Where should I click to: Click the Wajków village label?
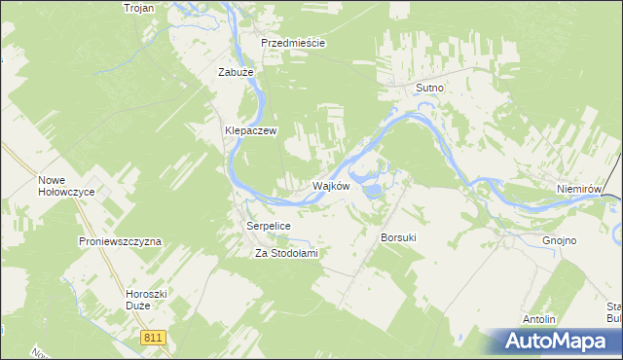[x=330, y=186]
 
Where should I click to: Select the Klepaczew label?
[x=252, y=129]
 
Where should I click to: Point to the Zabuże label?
[x=236, y=71]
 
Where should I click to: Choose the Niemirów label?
[x=583, y=189]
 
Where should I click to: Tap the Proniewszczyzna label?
[x=120, y=240]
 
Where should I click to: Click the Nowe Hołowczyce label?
[x=66, y=185]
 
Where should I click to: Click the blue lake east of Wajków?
[x=373, y=192]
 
